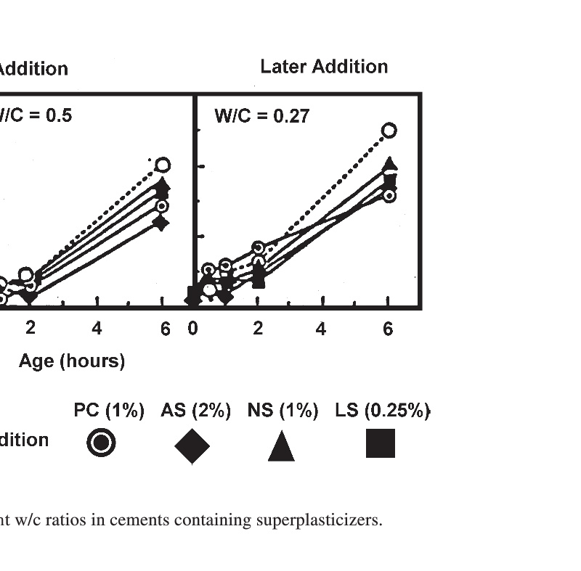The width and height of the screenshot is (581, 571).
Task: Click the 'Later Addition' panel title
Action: [324, 67]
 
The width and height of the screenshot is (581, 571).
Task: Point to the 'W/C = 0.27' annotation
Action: [261, 115]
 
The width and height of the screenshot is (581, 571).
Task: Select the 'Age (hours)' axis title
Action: [72, 361]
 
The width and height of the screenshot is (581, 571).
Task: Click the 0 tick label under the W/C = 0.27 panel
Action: [192, 329]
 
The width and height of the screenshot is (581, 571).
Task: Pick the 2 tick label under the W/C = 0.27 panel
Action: [258, 329]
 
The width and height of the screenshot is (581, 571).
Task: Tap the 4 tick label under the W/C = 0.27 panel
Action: [321, 329]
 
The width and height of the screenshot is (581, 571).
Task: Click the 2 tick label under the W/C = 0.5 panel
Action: [31, 329]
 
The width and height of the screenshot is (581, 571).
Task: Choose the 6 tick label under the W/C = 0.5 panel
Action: [165, 329]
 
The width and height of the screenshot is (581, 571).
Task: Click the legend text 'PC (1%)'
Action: [109, 411]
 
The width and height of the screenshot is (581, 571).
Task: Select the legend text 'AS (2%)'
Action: [195, 411]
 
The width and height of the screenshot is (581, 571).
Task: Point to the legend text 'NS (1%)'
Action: [283, 411]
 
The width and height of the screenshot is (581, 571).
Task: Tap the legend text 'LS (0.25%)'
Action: [382, 411]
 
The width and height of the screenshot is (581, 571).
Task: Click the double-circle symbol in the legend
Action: [101, 443]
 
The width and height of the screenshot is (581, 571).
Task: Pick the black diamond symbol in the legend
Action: [192, 445]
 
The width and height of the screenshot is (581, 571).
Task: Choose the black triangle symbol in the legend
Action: [281, 445]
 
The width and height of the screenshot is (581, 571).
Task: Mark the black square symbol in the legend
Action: [381, 443]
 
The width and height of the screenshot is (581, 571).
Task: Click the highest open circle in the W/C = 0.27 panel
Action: [389, 131]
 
